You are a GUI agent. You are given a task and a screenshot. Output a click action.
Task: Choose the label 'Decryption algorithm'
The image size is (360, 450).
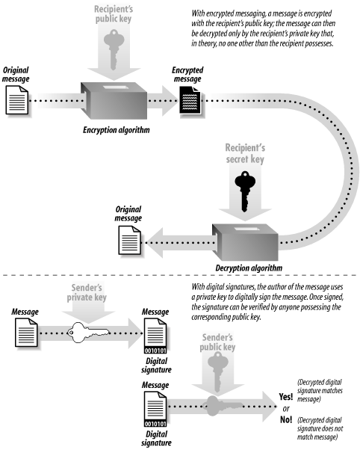(x=250, y=268)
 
